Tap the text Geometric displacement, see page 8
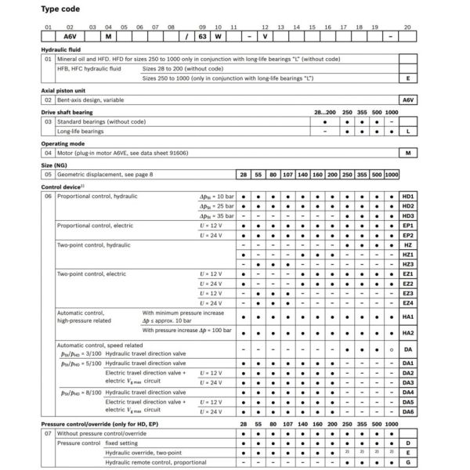(x=103, y=175)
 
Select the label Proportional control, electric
(x=92, y=225)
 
